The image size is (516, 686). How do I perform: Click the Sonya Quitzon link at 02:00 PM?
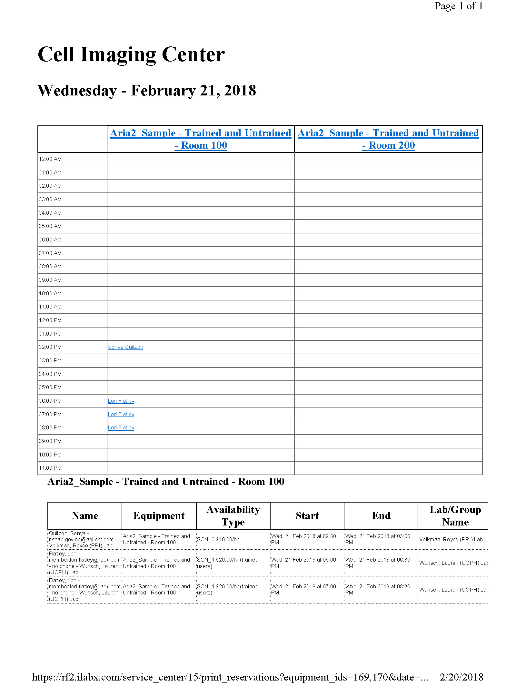[x=125, y=347]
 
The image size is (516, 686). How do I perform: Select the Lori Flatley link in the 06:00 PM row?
[x=121, y=401]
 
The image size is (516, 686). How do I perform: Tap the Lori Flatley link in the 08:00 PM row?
[x=121, y=427]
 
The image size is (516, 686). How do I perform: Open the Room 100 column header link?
[x=201, y=139]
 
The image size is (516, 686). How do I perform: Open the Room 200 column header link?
[x=388, y=139]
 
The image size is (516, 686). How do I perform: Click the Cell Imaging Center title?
[x=131, y=54]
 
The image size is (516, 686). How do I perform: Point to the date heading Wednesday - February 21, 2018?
[x=147, y=90]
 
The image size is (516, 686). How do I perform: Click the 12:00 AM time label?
[x=50, y=159]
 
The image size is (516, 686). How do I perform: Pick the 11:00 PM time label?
[x=50, y=468]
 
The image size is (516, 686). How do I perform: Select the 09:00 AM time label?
[x=50, y=280]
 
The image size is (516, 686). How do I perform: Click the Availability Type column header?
[x=233, y=515]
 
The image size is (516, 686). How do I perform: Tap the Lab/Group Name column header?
[x=455, y=515]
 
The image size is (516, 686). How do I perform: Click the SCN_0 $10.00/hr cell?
[x=218, y=539]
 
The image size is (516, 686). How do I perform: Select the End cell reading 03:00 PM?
[x=378, y=539]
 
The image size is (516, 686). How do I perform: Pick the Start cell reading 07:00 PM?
[x=303, y=589]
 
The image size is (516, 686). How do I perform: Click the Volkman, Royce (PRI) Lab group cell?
[x=451, y=539]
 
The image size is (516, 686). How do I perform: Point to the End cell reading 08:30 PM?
[x=378, y=589]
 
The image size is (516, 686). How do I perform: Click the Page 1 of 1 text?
[x=459, y=6]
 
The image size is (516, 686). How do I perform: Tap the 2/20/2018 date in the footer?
[x=461, y=677]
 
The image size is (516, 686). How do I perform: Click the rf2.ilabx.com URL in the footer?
[x=230, y=677]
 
